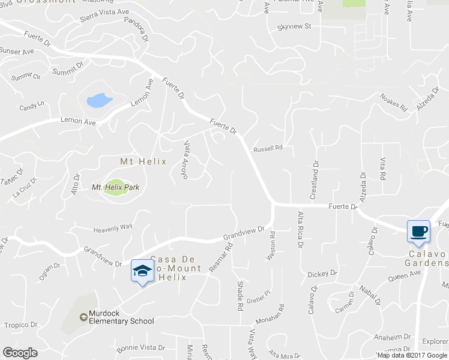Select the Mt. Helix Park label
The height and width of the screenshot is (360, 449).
point(115,188)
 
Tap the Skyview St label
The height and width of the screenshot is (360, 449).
point(294,26)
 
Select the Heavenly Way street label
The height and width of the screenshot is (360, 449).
point(112,228)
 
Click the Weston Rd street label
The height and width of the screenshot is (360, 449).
point(272,246)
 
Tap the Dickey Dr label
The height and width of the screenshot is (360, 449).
point(322,274)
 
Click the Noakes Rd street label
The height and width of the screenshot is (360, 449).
point(394,103)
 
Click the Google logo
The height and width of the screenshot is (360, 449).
point(20,353)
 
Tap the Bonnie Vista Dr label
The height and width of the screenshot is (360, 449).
point(140,347)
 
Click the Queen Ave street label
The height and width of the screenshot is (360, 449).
point(405,275)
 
